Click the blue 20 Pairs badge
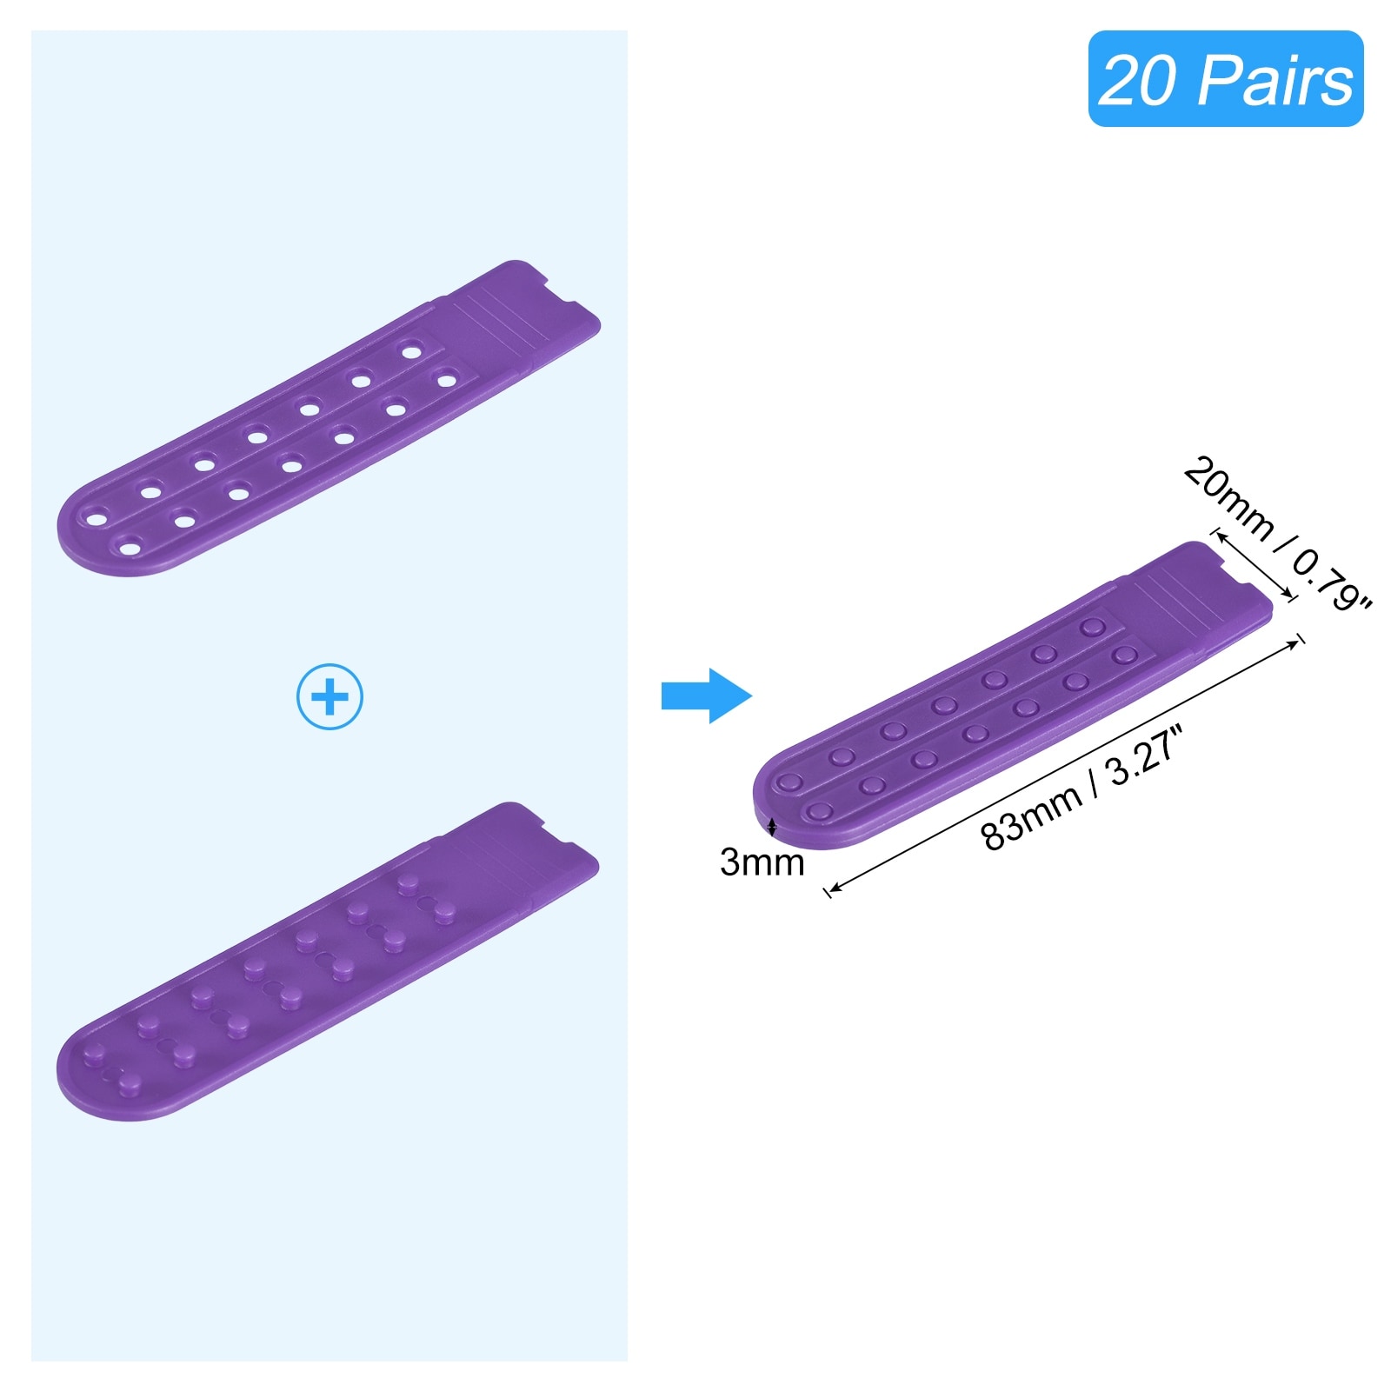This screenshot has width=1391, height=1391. (x=1225, y=79)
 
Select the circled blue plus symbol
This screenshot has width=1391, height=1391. (x=329, y=696)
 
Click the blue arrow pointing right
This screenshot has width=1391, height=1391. (x=705, y=695)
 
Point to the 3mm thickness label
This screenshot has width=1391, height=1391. (x=762, y=862)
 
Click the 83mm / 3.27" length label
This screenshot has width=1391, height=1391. (x=1082, y=789)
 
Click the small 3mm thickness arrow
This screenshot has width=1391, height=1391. (x=772, y=826)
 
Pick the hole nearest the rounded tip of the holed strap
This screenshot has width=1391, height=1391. (x=95, y=520)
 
